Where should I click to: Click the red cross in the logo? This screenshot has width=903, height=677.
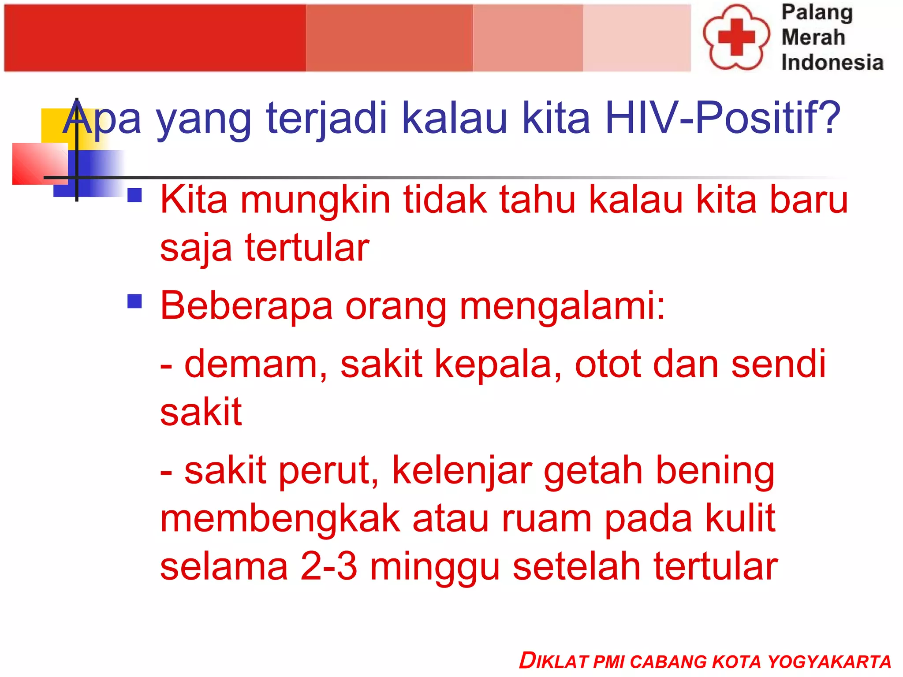(736, 37)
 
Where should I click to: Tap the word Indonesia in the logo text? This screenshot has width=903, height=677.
(832, 62)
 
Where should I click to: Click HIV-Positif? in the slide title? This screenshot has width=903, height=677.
(723, 118)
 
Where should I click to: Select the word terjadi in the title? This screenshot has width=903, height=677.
(326, 118)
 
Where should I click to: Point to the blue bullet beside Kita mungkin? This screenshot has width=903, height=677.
(134, 195)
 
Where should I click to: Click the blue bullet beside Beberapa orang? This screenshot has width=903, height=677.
(134, 301)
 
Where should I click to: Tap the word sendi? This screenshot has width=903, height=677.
(778, 364)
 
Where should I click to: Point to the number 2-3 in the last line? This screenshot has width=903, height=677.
(328, 567)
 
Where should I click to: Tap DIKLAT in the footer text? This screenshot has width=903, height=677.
(553, 661)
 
